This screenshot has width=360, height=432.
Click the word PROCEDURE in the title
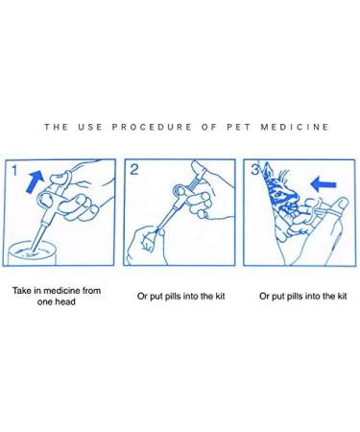pyautogui.click(x=152, y=127)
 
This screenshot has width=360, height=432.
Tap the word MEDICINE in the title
pyautogui.click(x=295, y=127)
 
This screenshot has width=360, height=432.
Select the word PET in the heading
pyautogui.click(x=239, y=127)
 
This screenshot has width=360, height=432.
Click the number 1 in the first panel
pyautogui.click(x=14, y=170)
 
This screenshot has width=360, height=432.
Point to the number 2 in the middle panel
pyautogui.click(x=134, y=170)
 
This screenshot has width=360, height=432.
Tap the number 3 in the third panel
pyautogui.click(x=254, y=170)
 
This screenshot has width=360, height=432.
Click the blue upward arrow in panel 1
pyautogui.click(x=35, y=181)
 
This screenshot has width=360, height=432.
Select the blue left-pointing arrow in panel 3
pyautogui.click(x=324, y=184)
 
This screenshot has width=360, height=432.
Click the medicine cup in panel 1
pyautogui.click(x=31, y=253)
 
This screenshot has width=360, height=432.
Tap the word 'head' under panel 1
pyautogui.click(x=65, y=301)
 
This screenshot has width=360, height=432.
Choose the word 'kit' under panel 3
pyautogui.click(x=342, y=296)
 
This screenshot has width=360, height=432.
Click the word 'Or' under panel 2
pyautogui.click(x=142, y=297)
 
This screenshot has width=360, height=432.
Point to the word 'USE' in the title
pyautogui.click(x=90, y=127)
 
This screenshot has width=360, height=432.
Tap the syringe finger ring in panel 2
pyautogui.click(x=179, y=191)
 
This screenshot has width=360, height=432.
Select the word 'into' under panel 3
pyautogui.click(x=312, y=296)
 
